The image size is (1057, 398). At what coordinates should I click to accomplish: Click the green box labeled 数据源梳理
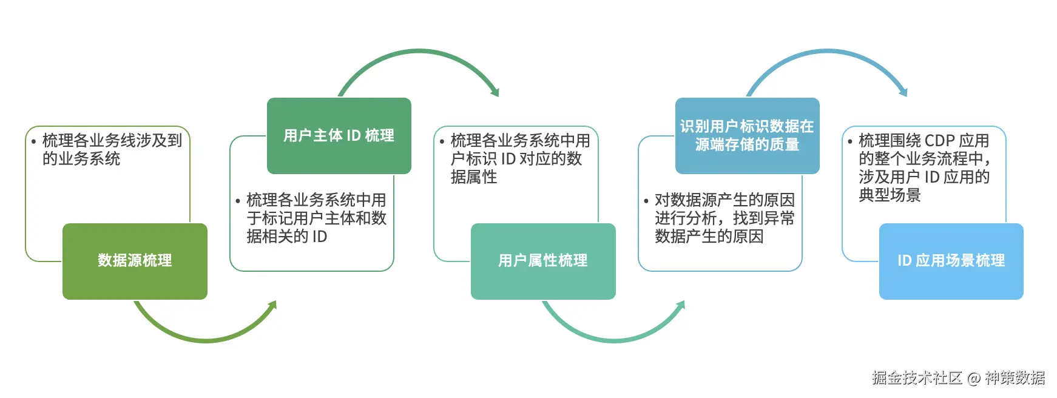tap(135, 261)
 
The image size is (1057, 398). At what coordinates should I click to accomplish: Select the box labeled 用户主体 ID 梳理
tap(339, 135)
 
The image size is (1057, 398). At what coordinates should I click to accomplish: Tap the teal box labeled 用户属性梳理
tap(543, 261)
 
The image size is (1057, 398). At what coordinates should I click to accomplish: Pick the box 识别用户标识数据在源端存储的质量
tap(747, 135)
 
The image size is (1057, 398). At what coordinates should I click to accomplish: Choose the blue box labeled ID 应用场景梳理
tap(951, 261)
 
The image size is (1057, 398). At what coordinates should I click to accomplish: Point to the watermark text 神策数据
tap(1015, 378)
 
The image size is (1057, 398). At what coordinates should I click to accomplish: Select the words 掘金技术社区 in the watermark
tap(917, 378)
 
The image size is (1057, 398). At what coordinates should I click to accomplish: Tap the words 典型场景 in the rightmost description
tap(890, 195)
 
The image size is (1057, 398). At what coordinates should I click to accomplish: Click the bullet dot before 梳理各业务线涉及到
tap(34, 142)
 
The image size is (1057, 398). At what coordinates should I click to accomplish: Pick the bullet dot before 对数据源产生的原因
tap(646, 201)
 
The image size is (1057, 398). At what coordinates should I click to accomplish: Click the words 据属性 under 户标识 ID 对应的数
tap(474, 177)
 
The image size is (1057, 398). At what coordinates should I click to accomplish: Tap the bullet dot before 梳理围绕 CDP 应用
tap(850, 142)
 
